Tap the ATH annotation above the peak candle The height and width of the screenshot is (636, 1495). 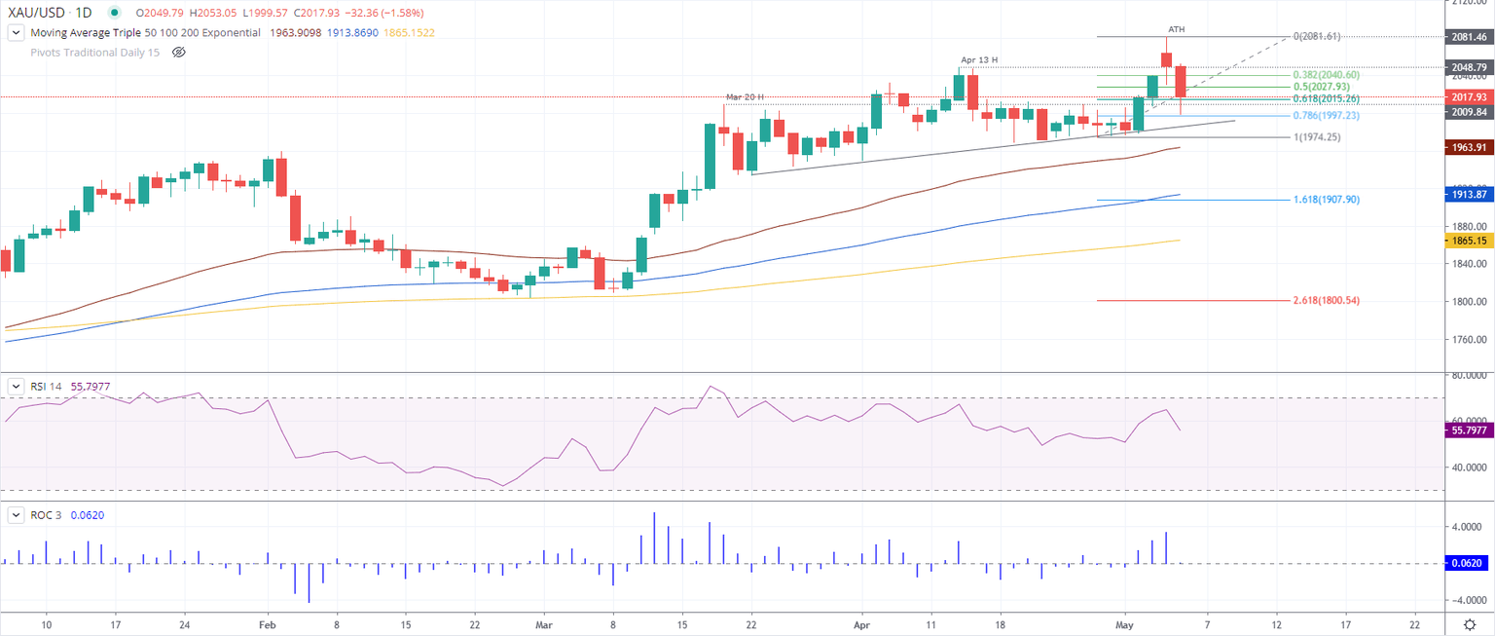[x=1176, y=29]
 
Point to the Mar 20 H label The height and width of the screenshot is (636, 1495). [x=745, y=96]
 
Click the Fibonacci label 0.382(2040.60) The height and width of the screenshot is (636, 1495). [x=1326, y=75]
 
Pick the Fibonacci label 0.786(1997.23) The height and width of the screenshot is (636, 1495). [x=1326, y=115]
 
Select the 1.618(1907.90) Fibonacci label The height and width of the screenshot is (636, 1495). [x=1326, y=200]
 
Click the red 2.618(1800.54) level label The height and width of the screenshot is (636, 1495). [x=1326, y=301]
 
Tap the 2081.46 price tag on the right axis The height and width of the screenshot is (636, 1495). [x=1469, y=36]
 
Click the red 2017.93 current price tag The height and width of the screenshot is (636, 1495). [x=1469, y=97]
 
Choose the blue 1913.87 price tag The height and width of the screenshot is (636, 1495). [x=1469, y=195]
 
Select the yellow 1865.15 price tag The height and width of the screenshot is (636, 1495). [x=1469, y=241]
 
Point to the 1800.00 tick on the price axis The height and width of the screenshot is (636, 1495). [x=1469, y=302]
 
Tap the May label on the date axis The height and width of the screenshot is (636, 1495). [x=1125, y=623]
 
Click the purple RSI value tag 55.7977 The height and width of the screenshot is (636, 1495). [x=1469, y=430]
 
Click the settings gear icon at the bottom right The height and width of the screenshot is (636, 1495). [x=1473, y=623]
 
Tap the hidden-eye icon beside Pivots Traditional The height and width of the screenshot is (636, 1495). [x=178, y=52]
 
